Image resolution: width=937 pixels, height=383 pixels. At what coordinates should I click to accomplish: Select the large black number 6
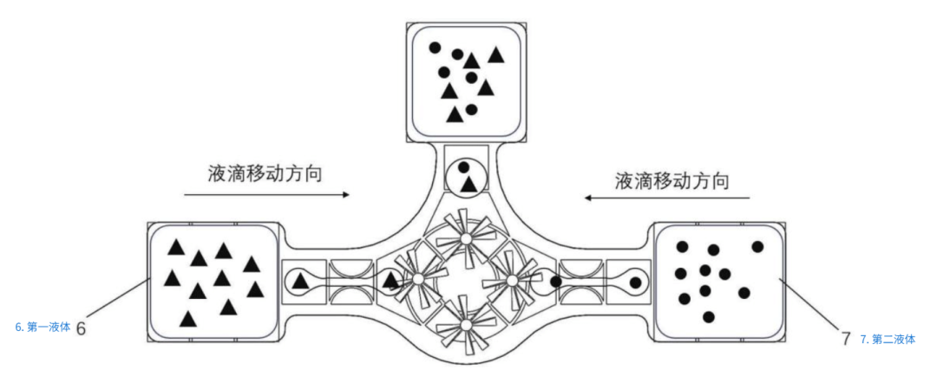click(x=83, y=328)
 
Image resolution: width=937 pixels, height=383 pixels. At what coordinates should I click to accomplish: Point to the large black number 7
click(x=846, y=339)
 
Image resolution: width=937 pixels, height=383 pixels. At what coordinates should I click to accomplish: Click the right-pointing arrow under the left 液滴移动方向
click(x=266, y=194)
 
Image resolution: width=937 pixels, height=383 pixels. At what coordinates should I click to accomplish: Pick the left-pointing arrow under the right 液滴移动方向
click(x=667, y=198)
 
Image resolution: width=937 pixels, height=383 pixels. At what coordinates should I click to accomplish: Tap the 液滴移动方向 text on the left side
click(x=265, y=174)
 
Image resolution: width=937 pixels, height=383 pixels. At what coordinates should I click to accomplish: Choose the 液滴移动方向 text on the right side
click(x=672, y=180)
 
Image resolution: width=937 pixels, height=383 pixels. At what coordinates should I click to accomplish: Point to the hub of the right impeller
click(x=512, y=279)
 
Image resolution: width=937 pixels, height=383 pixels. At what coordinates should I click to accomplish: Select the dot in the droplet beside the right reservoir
click(x=636, y=282)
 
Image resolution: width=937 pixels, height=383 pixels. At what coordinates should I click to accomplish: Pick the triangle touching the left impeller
click(x=390, y=279)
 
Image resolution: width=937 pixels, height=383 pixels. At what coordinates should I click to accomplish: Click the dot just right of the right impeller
click(x=555, y=281)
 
